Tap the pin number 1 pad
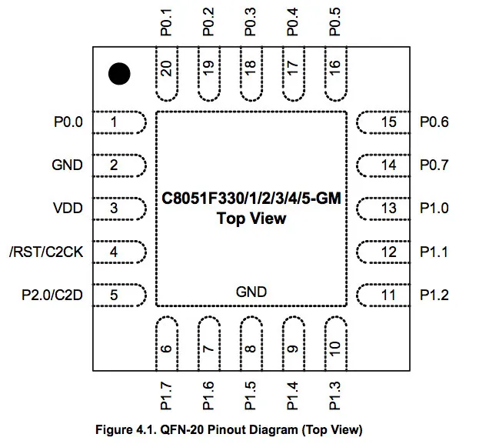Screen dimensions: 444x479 pos(119,122)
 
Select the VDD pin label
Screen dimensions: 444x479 pos(67,208)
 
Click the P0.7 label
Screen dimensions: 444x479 pos(434,165)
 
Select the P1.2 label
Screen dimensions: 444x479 pos(434,295)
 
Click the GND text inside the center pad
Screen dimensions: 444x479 pos(251,292)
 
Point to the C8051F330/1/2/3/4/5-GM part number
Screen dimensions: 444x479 pos(251,199)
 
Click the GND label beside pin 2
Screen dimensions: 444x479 pos(67,165)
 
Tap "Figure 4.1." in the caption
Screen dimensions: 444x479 pos(122,429)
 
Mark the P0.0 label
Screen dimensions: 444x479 pos(68,122)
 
